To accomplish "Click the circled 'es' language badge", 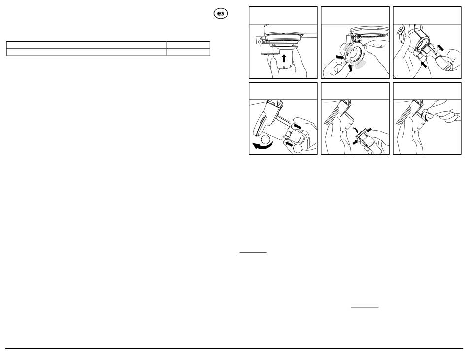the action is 221,13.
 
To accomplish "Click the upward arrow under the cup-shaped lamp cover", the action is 284,58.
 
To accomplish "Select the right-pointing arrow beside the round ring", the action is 340,57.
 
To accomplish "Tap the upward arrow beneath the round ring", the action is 350,67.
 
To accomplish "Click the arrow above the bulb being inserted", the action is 440,47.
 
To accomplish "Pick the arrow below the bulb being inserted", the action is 423,64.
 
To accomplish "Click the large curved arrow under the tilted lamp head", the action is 263,146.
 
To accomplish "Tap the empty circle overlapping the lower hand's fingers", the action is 298,149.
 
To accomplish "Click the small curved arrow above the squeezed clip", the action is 355,131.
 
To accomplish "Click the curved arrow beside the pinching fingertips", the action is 427,118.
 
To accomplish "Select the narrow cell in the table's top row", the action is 188,45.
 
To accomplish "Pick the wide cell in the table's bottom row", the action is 87,52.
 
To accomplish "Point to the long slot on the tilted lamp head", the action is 259,125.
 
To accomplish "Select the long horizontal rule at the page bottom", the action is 234,348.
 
